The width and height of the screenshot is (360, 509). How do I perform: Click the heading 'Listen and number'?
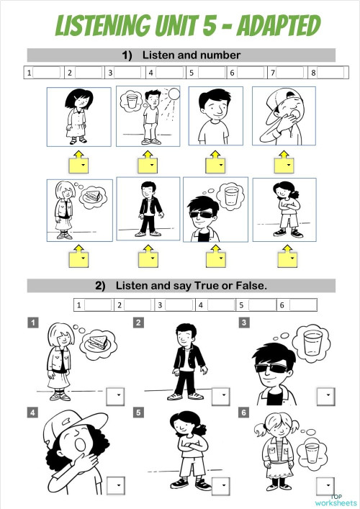click(x=192, y=55)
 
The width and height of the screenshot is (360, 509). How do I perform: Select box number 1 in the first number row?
click(x=41, y=73)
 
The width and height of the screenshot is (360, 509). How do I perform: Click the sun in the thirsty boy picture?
click(x=175, y=94)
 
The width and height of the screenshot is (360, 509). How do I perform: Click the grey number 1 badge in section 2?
click(x=33, y=323)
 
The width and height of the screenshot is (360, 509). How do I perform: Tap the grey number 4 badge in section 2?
click(x=33, y=413)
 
